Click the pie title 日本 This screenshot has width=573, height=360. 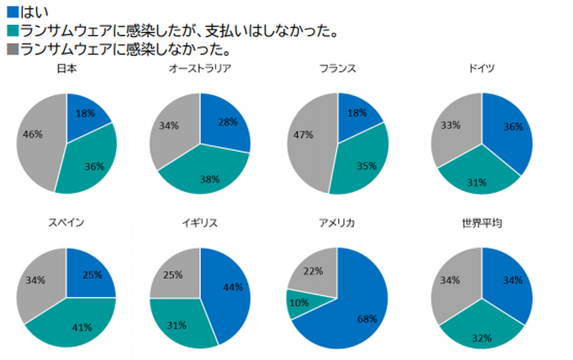tap(66, 69)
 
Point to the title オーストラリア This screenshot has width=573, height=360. tap(200, 69)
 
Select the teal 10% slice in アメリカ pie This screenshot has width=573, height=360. tap(299, 303)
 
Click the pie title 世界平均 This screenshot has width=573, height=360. tap(481, 224)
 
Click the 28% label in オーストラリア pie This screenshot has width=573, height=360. tap(227, 122)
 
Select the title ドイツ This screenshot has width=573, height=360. tap(481, 69)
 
